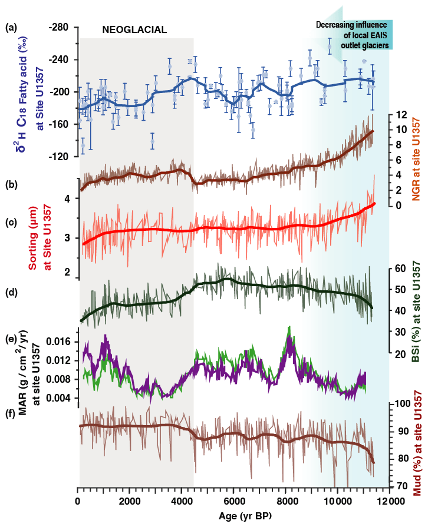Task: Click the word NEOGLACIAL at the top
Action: click(x=135, y=29)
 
